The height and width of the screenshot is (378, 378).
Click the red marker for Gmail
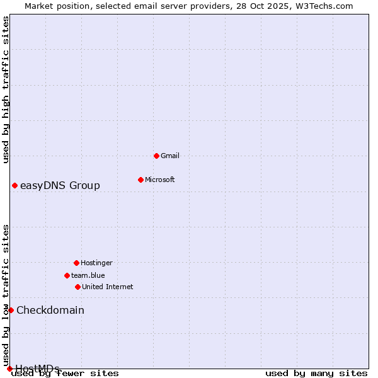click(x=156, y=156)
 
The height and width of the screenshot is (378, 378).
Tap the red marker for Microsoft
click(x=140, y=180)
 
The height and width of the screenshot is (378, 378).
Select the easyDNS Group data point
click(x=14, y=185)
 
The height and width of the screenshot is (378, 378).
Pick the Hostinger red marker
click(x=76, y=263)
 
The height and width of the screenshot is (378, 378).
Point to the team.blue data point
click(x=67, y=275)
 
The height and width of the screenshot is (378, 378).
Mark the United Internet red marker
click(x=77, y=287)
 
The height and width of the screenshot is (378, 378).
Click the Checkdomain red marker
click(x=11, y=310)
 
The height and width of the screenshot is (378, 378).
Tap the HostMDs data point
click(x=9, y=369)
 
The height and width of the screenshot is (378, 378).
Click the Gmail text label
click(x=170, y=156)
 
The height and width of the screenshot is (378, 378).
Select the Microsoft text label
click(x=160, y=180)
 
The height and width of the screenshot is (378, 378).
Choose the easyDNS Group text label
click(x=60, y=185)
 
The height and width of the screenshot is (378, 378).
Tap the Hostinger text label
click(x=96, y=263)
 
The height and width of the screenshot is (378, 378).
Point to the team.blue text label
click(x=88, y=275)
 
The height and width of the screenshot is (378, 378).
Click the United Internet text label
click(x=108, y=287)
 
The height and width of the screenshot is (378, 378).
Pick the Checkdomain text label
click(x=50, y=310)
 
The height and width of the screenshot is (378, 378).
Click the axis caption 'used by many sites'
click(x=316, y=373)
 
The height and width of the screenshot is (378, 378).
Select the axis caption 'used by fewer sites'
click(x=66, y=373)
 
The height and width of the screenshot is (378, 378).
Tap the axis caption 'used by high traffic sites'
click(x=6, y=89)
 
